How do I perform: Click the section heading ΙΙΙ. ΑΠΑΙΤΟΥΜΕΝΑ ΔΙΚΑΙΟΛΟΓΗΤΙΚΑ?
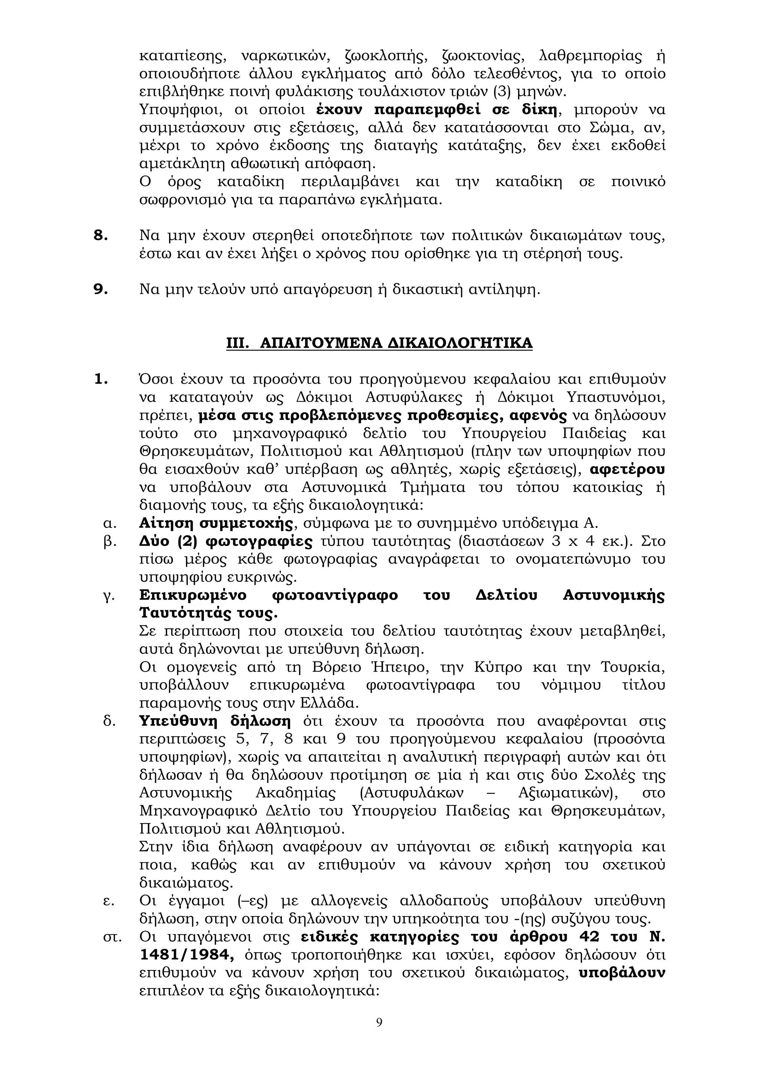(x=379, y=343)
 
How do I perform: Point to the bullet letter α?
(x=109, y=523)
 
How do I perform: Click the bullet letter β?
(x=109, y=542)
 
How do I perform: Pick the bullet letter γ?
(x=109, y=596)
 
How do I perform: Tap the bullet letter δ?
(x=109, y=721)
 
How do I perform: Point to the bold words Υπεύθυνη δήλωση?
(x=215, y=721)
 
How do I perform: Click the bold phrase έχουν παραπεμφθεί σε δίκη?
(x=436, y=110)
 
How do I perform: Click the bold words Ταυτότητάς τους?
(x=209, y=613)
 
